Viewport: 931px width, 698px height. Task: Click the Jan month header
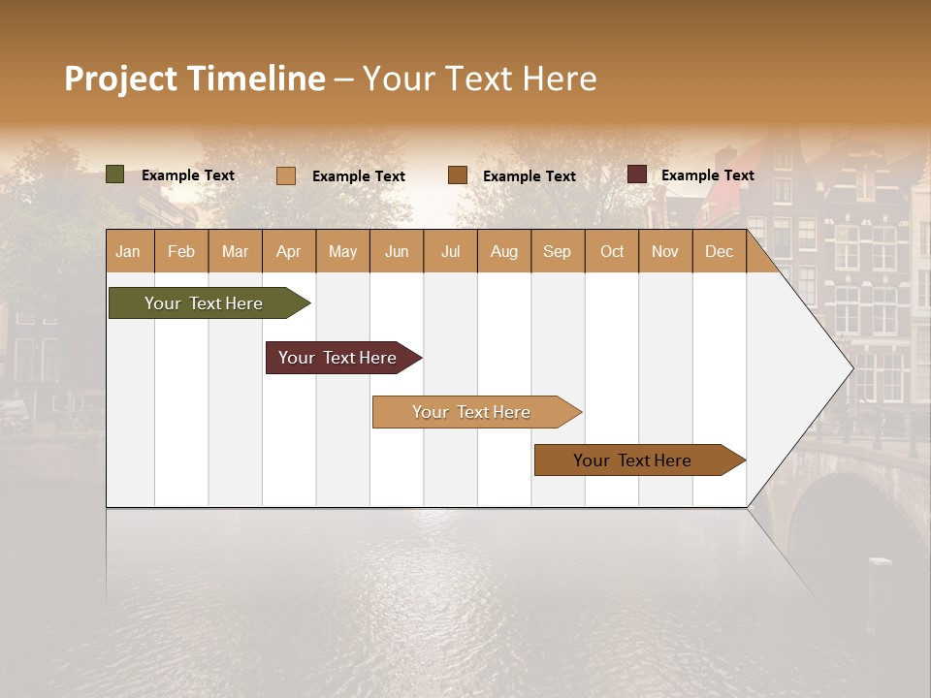[x=129, y=251]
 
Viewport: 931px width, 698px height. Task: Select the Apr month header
[x=288, y=251]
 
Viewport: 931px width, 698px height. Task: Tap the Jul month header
[x=450, y=251]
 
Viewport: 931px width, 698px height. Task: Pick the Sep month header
[x=557, y=251]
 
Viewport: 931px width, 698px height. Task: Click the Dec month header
[x=719, y=251]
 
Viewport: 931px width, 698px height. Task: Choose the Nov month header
[x=664, y=251]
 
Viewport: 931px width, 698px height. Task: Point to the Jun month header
[x=396, y=251]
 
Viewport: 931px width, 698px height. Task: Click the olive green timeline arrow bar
[x=205, y=303]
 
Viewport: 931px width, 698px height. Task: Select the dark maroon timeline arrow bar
[x=338, y=358]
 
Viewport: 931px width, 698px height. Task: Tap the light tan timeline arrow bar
[x=472, y=412]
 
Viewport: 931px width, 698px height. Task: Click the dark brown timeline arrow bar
[x=633, y=460]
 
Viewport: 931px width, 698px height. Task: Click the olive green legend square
[x=115, y=174]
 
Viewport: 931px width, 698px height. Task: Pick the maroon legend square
[x=637, y=174]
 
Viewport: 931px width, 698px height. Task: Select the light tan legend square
[x=286, y=175]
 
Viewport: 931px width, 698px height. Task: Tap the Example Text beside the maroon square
[x=707, y=175]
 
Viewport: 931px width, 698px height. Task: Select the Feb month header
[x=181, y=251]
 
